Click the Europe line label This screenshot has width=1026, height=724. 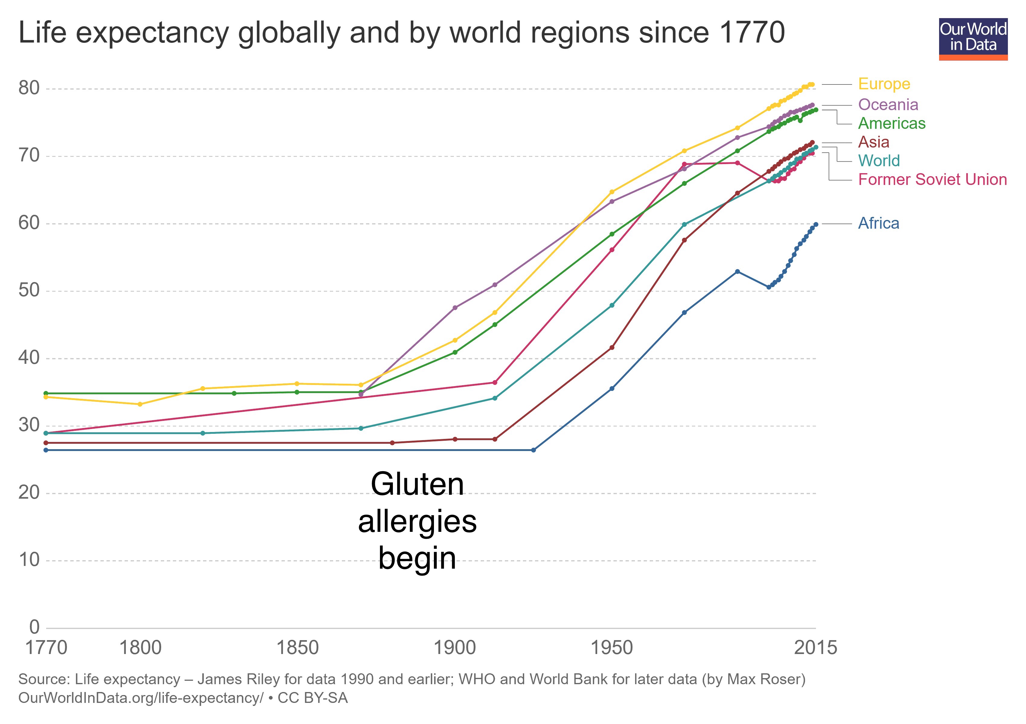click(x=884, y=84)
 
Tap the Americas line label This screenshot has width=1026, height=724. click(x=891, y=123)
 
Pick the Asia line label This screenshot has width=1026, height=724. click(x=874, y=142)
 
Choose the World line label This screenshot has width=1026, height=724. click(x=878, y=161)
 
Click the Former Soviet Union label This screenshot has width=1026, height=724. click(x=932, y=179)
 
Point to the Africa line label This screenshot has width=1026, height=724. click(x=878, y=223)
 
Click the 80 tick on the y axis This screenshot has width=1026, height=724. click(x=29, y=88)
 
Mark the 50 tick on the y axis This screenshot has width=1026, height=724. click(x=29, y=291)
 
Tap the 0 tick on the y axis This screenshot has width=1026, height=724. click(x=34, y=627)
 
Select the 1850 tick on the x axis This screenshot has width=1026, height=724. click(x=297, y=648)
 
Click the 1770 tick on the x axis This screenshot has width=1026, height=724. click(x=46, y=648)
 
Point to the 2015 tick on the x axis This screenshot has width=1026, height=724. click(x=815, y=648)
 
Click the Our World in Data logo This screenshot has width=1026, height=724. click(x=973, y=39)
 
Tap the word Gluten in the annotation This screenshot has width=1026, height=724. click(x=417, y=484)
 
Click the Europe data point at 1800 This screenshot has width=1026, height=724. click(x=140, y=404)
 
